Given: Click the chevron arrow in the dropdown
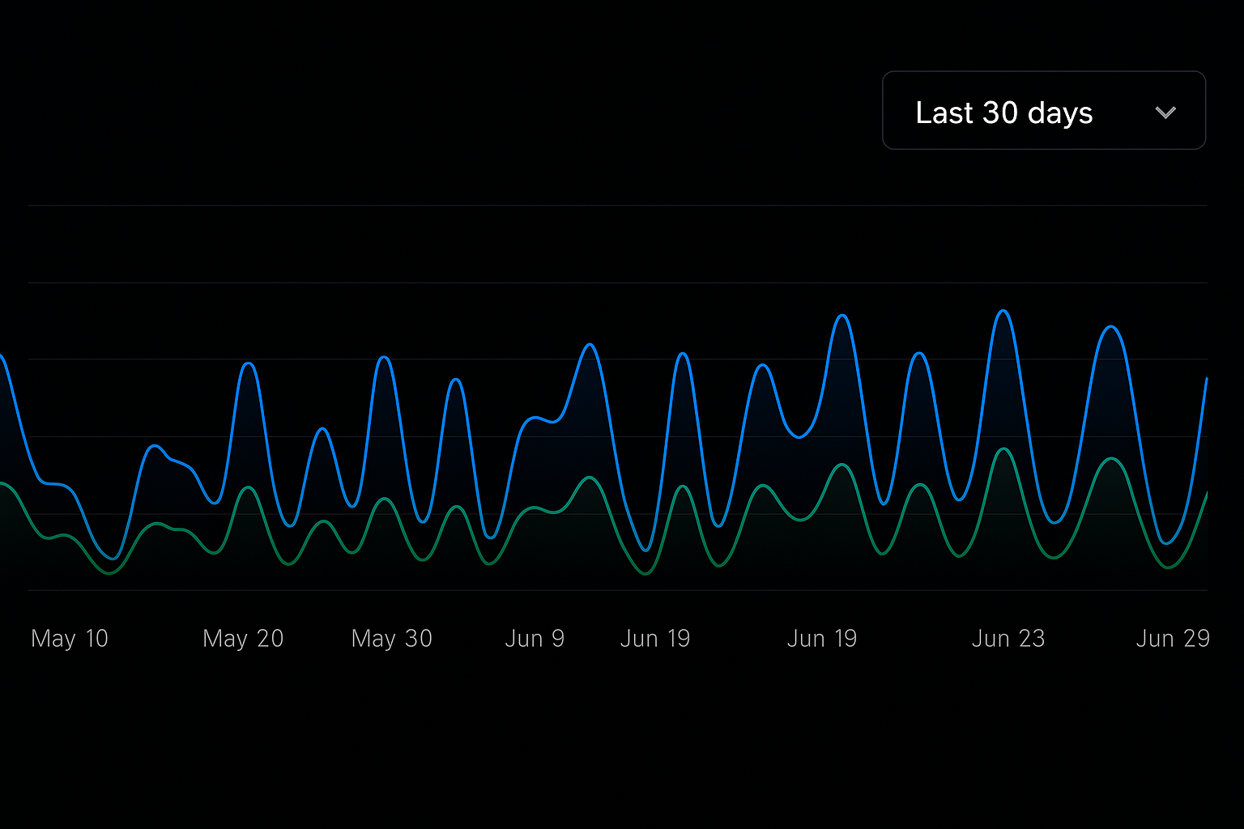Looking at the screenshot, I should point(1165,113).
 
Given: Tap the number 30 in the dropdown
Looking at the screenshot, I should point(1000,113).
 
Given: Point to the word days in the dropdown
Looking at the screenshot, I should point(1060,113).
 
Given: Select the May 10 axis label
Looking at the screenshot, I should point(70,639).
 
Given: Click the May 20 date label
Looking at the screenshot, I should point(243,639).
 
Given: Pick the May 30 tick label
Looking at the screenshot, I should point(392,639).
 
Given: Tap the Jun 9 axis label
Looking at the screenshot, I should point(535,639).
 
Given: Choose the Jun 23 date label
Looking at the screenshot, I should point(1008,639).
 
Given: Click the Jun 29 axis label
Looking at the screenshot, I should point(1173,639).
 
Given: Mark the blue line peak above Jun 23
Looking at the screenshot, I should point(1004,311).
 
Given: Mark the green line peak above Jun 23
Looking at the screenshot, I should point(1004,449).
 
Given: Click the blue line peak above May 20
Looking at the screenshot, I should point(249,363).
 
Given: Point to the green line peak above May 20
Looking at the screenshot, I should point(248,487).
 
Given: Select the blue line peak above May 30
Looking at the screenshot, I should point(385,357).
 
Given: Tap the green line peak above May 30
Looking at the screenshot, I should point(386,499).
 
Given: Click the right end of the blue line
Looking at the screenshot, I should point(1207,379).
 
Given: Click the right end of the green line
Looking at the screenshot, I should point(1207,492).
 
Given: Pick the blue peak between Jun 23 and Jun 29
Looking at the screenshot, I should point(1112,326).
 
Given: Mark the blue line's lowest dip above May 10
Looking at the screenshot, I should point(113,559).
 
